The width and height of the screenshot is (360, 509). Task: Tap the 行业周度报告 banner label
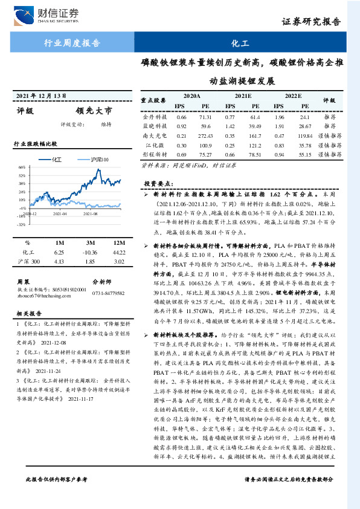tap(72, 44)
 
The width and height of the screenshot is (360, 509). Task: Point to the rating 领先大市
tap(94, 111)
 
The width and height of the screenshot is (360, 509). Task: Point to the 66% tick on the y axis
tap(22, 167)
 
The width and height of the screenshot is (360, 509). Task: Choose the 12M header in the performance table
tap(119, 242)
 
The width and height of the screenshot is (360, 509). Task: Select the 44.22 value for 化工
tap(119, 251)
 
